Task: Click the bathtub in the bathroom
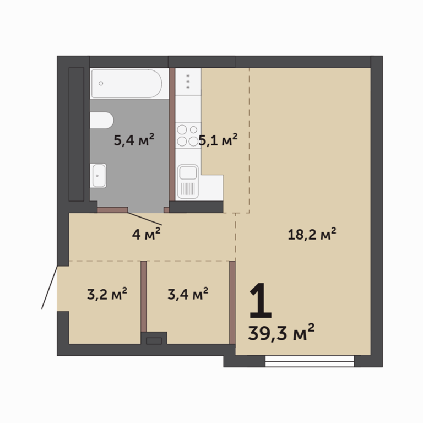coord(126,83)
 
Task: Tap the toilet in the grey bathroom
coord(101,120)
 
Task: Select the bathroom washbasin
coord(98,176)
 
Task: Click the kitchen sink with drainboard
coord(188,182)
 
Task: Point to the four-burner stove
coord(188,135)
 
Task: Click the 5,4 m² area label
coord(134,139)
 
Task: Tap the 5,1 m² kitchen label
coord(218,139)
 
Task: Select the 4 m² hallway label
coord(146,234)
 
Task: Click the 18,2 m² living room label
coord(312,234)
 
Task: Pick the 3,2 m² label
coord(107,294)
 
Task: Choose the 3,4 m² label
coord(188,294)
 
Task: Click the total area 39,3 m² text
coord(281,332)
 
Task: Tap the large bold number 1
coord(261,301)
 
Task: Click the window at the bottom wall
coord(310,361)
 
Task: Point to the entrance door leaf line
coord(50,288)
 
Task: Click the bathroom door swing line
coord(145,219)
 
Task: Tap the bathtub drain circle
coord(101,83)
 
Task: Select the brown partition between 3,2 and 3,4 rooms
coord(144,296)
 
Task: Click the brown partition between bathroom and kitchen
coord(172,134)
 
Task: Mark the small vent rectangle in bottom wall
coord(154,341)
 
